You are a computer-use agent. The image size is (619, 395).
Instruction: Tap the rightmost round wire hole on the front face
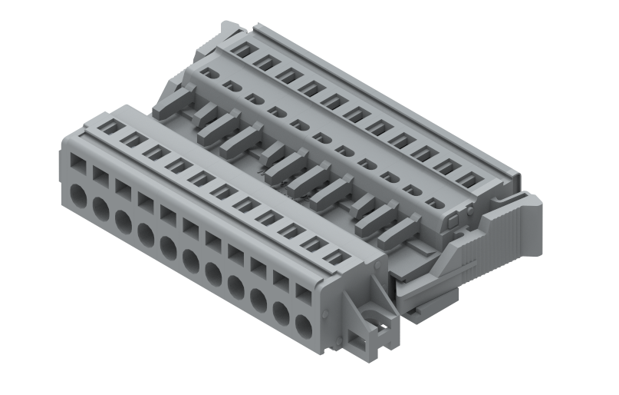304,327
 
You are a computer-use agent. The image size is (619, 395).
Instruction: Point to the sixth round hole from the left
192,261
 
